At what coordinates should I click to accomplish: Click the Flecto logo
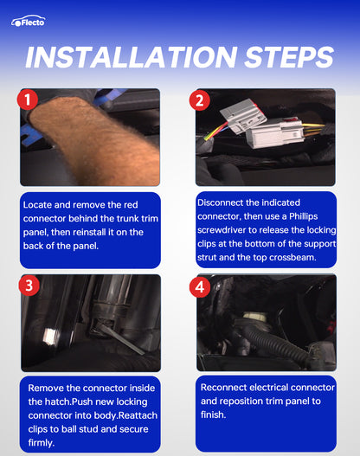[x=29, y=21]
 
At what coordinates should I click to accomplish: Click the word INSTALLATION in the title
[x=132, y=57]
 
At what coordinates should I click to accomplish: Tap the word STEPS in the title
[x=289, y=57]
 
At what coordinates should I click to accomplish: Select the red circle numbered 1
[x=28, y=100]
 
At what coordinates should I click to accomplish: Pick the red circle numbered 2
[x=200, y=100]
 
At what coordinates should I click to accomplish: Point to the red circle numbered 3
[x=29, y=286]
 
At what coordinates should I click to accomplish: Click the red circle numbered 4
[x=200, y=287]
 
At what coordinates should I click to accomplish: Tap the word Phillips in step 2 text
[x=303, y=216]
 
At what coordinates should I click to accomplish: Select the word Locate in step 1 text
[x=37, y=205]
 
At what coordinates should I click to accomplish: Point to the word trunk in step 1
[x=128, y=218]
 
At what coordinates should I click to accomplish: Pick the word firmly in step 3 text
[x=41, y=443]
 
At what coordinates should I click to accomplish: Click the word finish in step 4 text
[x=213, y=414]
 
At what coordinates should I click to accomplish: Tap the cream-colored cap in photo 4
[x=254, y=316]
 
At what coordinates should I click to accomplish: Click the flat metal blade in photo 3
[x=122, y=339]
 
